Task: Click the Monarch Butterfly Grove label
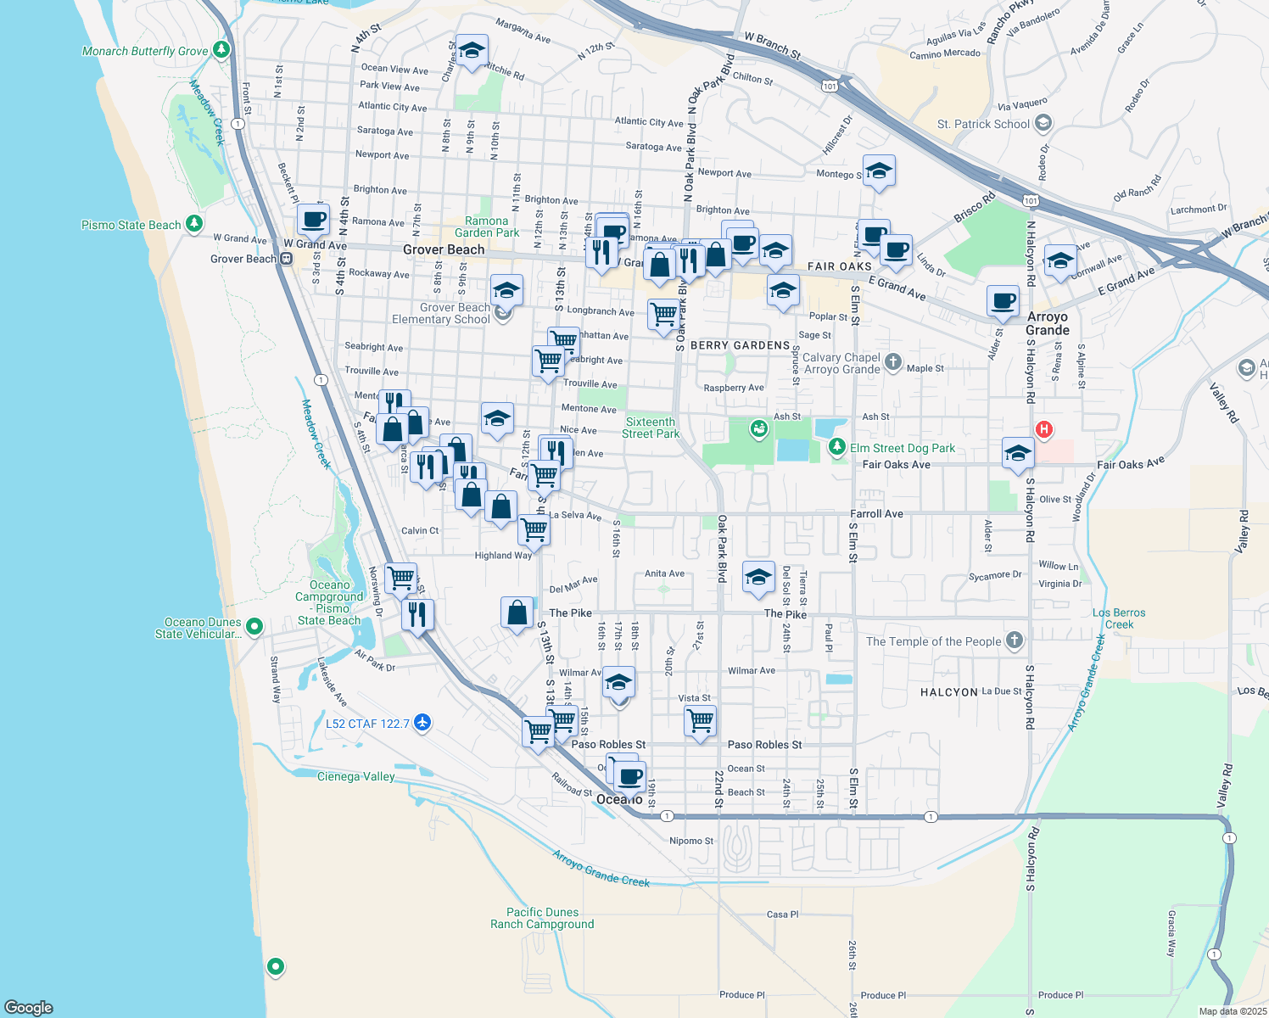click(x=145, y=51)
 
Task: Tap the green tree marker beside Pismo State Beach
click(x=195, y=224)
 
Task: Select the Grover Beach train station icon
click(x=287, y=259)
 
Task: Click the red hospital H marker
click(x=1044, y=429)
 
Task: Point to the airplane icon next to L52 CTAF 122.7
click(x=422, y=723)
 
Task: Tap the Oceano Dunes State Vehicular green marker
click(x=254, y=627)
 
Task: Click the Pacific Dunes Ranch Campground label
click(x=542, y=918)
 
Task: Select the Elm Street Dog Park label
click(x=903, y=448)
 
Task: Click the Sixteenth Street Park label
click(x=651, y=428)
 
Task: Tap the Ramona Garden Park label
click(x=487, y=227)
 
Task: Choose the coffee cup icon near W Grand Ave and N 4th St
click(x=313, y=219)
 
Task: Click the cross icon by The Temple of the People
click(x=1015, y=640)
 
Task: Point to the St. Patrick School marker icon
click(x=1043, y=124)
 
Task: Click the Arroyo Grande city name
click(x=1048, y=323)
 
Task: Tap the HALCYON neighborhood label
click(x=948, y=692)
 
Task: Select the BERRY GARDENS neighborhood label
click(x=740, y=345)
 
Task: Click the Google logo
click(x=29, y=1007)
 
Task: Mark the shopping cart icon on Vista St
click(x=700, y=720)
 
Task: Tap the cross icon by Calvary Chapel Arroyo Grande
click(x=892, y=362)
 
